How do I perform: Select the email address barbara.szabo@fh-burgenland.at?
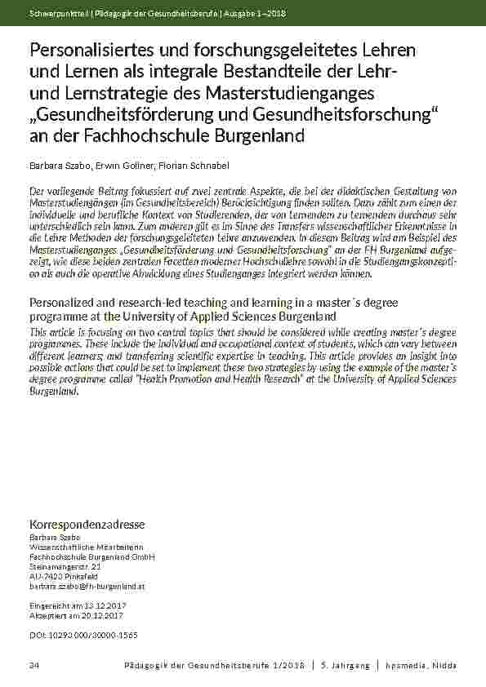point(87,586)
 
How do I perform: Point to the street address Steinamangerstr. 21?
point(65,566)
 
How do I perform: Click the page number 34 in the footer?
point(34,667)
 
